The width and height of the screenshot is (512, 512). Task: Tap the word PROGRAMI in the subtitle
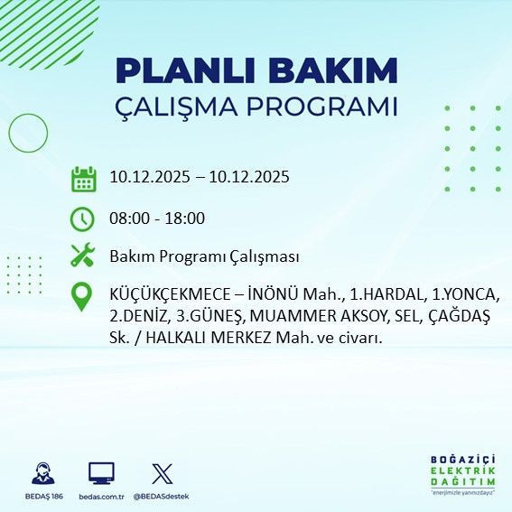[x=321, y=107]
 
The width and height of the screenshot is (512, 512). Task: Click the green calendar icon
[x=83, y=178]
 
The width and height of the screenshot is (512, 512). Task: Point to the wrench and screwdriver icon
[x=83, y=256]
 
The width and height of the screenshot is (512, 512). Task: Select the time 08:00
[x=127, y=219]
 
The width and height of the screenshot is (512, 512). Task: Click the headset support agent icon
[x=42, y=474]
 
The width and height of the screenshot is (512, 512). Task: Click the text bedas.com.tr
[x=102, y=497]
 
